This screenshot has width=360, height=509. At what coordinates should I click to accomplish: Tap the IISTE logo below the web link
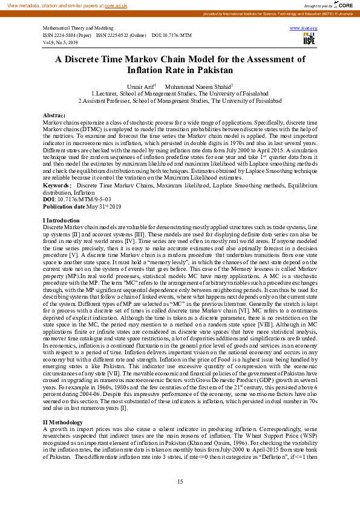coord(309,39)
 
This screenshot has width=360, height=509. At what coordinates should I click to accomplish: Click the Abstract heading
coord(54,114)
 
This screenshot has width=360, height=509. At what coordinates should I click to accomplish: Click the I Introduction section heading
coord(61,220)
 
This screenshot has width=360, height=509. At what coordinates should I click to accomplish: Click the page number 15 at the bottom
coord(180,481)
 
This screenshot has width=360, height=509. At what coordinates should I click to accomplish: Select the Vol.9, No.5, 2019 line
coord(60,42)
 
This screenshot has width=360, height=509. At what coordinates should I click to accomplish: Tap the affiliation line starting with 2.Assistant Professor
coord(180,101)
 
